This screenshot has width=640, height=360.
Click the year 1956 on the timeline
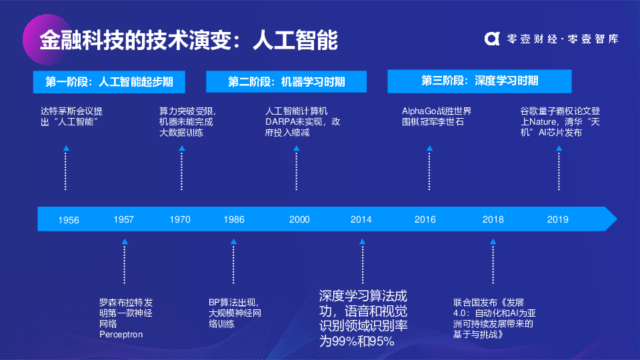tap(69, 221)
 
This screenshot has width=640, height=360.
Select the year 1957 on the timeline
tap(124, 219)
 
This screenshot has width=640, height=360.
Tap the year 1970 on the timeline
tap(180, 219)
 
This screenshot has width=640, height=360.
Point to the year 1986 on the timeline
tap(234, 219)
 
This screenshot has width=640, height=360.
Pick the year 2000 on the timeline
tap(299, 219)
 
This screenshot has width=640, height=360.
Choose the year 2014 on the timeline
tap(361, 219)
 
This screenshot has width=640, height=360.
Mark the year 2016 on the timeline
tap(425, 219)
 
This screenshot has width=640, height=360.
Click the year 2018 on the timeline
tap(493, 219)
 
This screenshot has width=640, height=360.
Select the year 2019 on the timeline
tap(558, 219)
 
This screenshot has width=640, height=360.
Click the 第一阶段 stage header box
tap(109, 82)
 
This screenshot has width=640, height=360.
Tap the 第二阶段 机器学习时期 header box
tap(286, 81)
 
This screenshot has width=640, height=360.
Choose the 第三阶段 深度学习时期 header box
tap(479, 81)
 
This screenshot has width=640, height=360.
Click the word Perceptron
tap(121, 334)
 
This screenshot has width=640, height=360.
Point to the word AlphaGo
tap(419, 111)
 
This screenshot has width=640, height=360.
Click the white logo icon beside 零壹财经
tap(492, 39)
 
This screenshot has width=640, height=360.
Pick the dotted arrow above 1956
tap(66, 168)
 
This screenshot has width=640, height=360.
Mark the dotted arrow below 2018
tap(493, 261)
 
